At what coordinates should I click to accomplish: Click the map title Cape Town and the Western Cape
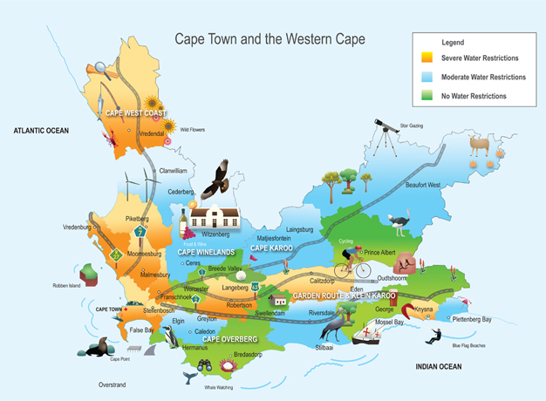coord(270,39)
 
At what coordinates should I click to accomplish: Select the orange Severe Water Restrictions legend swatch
coord(427,58)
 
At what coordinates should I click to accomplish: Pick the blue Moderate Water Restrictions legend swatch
coord(427,78)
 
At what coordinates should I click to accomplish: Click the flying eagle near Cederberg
coord(216,179)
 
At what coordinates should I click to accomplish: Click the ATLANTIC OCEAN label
coord(40,130)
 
